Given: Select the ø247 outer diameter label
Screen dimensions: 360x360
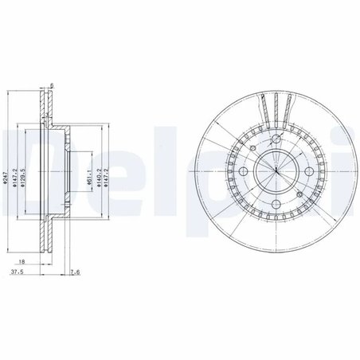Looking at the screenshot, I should point(6,180).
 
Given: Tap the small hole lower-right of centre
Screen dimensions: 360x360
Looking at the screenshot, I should point(292,188).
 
